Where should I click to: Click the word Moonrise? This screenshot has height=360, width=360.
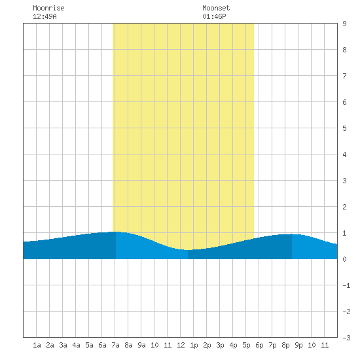tap(48, 8)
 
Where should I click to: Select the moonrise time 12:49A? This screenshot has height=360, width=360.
tap(45, 16)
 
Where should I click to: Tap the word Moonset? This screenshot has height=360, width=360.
tap(216, 8)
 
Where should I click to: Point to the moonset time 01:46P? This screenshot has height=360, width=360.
tap(214, 16)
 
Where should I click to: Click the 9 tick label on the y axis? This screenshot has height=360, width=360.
tap(344, 24)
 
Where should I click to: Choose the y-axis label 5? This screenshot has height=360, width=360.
tap(344, 128)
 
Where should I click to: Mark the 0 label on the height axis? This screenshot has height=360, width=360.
tap(344, 259)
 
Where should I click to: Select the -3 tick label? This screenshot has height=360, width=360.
tap(346, 338)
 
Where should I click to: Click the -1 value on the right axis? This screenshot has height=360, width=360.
tap(346, 285)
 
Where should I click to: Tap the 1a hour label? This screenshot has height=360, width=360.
tap(37, 345)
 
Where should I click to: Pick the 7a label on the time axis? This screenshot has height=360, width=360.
tap(115, 345)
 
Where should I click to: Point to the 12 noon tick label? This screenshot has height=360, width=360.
tap(181, 345)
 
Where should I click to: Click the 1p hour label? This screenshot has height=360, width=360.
tap(194, 345)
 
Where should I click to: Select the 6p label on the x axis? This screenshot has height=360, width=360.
tap(259, 345)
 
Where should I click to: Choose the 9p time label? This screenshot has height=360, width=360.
tap(298, 345)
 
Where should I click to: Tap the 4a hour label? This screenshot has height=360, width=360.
tap(76, 345)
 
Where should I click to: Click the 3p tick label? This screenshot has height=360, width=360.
tap(220, 345)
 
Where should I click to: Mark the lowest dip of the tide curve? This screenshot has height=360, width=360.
tap(188, 250)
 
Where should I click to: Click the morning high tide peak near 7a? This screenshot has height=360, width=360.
tap(116, 232)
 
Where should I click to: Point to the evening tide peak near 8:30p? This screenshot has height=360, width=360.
tap(291, 234)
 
